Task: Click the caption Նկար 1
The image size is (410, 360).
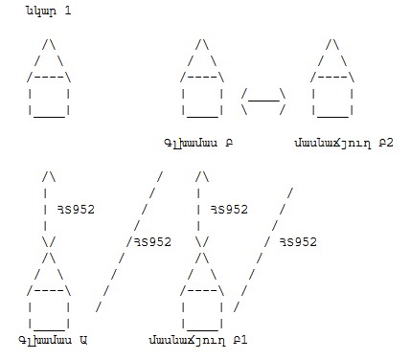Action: tap(49, 11)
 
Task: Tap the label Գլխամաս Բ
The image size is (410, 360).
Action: tap(198, 143)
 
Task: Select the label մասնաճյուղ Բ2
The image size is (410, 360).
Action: tap(344, 143)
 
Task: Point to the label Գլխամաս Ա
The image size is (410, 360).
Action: tap(53, 340)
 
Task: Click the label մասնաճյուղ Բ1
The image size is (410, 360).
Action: tap(198, 341)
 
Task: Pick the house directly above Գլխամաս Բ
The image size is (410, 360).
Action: tap(202, 78)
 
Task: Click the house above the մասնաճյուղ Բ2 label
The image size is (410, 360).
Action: tap(332, 78)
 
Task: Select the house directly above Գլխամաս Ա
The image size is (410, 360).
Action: tap(49, 291)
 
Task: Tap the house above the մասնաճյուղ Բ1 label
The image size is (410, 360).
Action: tap(202, 291)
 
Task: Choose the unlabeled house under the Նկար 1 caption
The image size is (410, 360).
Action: tap(49, 78)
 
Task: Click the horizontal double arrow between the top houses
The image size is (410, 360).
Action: tap(263, 101)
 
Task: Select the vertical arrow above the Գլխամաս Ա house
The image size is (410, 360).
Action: tap(49, 209)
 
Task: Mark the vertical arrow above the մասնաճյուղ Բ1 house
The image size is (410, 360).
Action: tap(202, 209)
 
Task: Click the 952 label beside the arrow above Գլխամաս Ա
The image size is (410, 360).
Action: tap(76, 210)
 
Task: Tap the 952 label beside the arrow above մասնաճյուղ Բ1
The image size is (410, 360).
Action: tap(229, 210)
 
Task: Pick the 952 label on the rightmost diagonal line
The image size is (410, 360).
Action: tap(298, 242)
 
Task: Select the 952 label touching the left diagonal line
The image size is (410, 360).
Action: tap(152, 242)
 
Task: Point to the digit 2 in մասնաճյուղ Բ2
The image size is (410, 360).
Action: tap(390, 143)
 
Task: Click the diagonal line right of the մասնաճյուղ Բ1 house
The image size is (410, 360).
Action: tap(263, 250)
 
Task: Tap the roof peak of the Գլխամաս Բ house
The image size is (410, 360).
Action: tap(202, 39)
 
